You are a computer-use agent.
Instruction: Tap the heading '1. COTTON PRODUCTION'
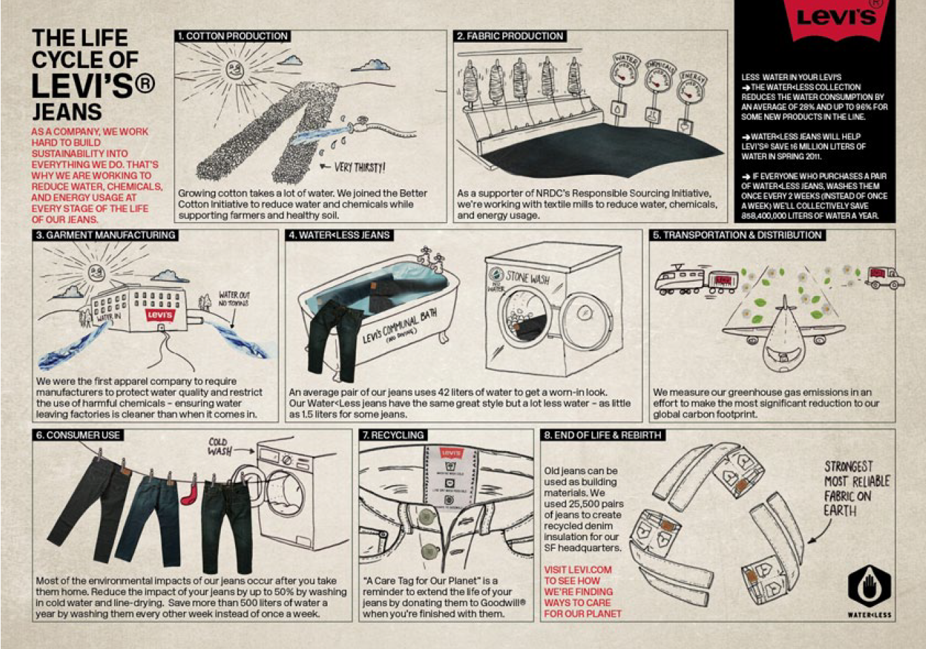(233, 36)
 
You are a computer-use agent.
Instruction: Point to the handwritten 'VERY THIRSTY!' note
(358, 167)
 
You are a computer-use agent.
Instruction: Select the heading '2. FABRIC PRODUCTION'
(510, 36)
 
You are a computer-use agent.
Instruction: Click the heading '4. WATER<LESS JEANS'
(339, 235)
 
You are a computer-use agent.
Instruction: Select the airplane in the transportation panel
(784, 333)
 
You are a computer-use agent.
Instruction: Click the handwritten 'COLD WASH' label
(219, 447)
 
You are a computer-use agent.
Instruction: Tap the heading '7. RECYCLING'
(393, 435)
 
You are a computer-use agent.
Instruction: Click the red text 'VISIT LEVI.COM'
(577, 570)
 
